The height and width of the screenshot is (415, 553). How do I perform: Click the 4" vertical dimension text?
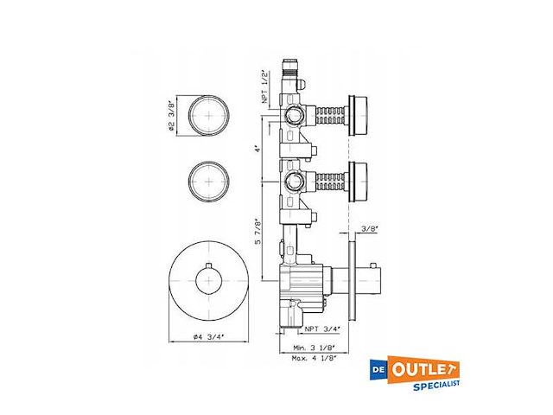click(257, 149)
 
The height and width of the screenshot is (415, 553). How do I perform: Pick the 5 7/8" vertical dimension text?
click(257, 231)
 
